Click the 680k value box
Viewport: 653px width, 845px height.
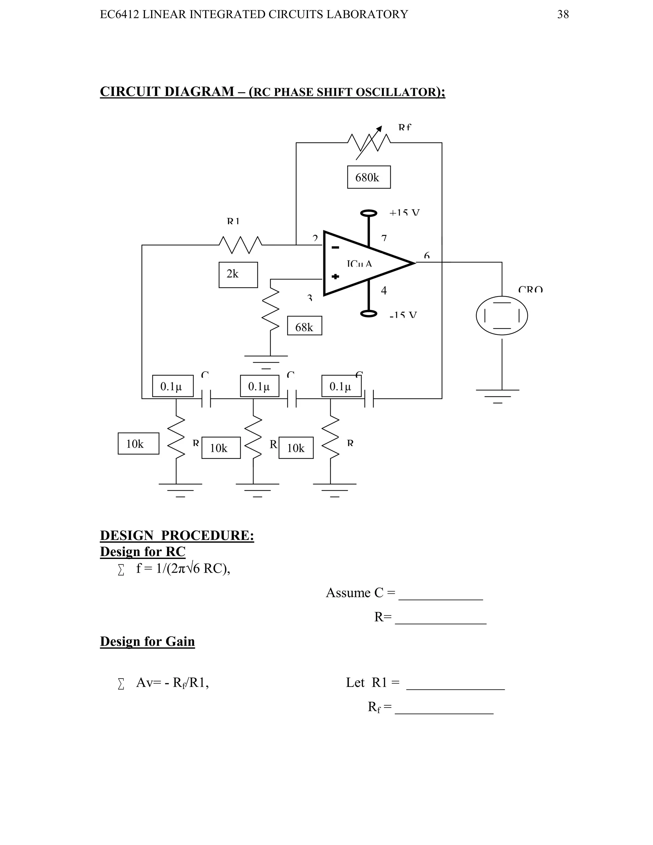(369, 177)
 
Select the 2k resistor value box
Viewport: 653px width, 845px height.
(238, 275)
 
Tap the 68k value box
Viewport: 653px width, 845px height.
(304, 326)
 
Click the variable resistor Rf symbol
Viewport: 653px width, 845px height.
(369, 143)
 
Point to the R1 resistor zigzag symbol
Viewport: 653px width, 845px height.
(240, 245)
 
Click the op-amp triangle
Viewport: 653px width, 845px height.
(363, 263)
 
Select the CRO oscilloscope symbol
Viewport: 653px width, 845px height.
(502, 315)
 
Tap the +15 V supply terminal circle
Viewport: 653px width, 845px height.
(369, 213)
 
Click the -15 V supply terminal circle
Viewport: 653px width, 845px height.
(369, 313)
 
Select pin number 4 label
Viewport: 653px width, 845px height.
(384, 290)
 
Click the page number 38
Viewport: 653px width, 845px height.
(563, 14)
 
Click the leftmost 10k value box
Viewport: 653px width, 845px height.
(138, 444)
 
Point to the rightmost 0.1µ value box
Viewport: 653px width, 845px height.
(341, 386)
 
